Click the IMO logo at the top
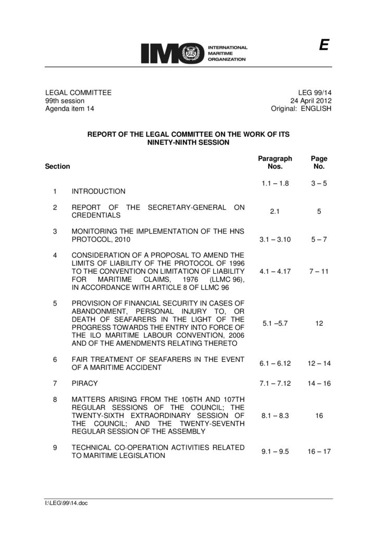pos(193,53)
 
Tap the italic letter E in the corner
pos(323,46)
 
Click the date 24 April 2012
pos(311,100)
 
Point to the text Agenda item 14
pos(70,109)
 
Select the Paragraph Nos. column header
pos(275,162)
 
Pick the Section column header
pos(57,167)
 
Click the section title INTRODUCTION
pos(98,192)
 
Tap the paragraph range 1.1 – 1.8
pos(275,183)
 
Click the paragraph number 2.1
pos(275,211)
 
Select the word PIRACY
pos(84,384)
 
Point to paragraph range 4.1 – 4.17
pos(275,271)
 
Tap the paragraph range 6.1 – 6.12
pos(275,363)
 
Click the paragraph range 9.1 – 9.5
pos(275,451)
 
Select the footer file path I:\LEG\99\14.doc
pos(67,503)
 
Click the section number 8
pos(55,399)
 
